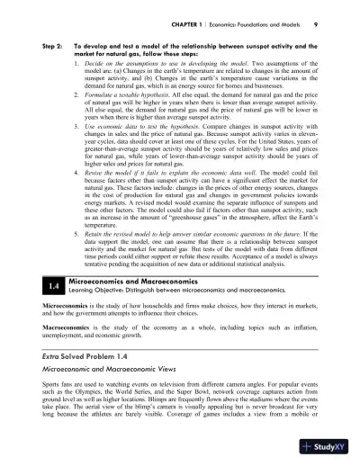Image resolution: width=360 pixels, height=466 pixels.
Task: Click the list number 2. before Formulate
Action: click(x=76, y=93)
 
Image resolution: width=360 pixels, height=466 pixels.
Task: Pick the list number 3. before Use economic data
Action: click(x=76, y=127)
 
